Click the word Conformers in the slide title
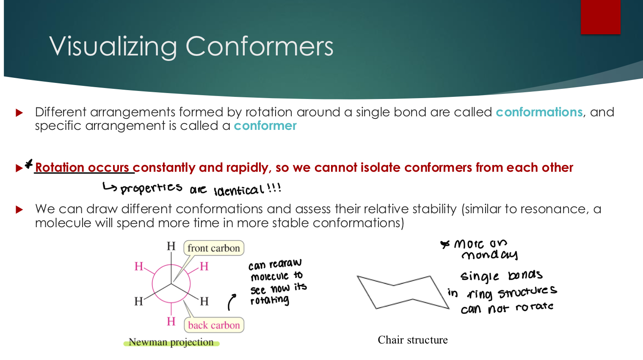(259, 46)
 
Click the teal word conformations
(539, 112)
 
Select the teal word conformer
(265, 126)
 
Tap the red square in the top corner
(600, 17)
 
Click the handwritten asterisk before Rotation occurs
(29, 164)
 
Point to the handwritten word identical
(239, 190)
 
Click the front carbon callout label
(214, 248)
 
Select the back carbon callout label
(214, 325)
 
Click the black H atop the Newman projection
(171, 246)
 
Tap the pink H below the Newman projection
(171, 322)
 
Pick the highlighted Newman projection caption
(171, 342)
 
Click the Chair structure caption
(413, 340)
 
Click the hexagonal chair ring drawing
(402, 292)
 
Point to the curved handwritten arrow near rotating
(232, 302)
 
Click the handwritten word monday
(489, 255)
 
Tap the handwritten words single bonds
(502, 276)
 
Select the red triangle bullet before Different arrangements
(19, 113)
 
